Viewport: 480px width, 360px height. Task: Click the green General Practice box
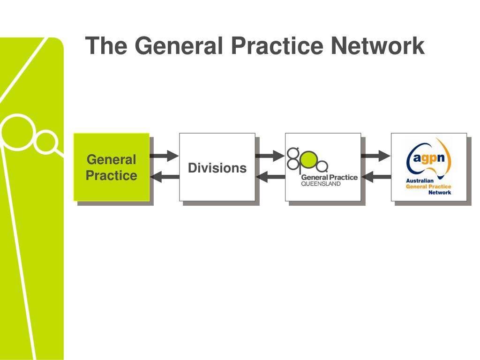coord(112,167)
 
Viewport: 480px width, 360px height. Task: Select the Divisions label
coord(217,168)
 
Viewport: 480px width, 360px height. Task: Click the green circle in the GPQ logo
coord(307,161)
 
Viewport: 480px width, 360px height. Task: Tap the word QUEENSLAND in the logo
coord(321,183)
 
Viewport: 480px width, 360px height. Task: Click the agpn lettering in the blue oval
coord(429,158)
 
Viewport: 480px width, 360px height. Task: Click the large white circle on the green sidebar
coord(18,132)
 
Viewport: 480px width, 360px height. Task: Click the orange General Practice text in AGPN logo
coord(428,187)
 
